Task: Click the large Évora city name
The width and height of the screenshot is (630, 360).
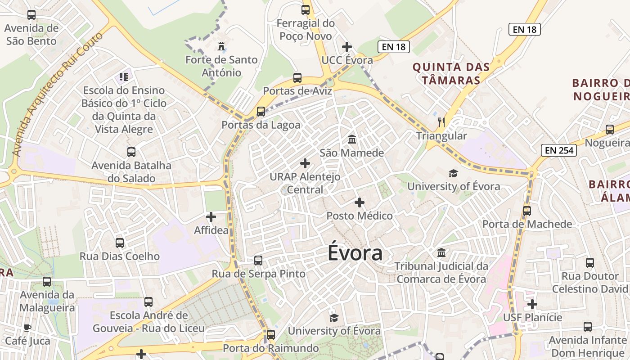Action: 355,253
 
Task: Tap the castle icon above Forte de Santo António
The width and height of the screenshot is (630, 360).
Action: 221,46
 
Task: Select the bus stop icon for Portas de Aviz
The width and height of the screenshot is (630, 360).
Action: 297,77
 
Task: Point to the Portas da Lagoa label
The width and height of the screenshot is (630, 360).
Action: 261,125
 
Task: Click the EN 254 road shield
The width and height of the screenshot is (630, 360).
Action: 559,150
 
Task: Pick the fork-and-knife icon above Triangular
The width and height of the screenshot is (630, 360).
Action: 441,122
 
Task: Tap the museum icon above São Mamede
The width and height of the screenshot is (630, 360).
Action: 352,139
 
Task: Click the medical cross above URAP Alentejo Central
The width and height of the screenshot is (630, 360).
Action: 305,163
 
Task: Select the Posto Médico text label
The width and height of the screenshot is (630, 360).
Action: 360,216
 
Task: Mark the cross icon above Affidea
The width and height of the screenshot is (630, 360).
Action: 211,217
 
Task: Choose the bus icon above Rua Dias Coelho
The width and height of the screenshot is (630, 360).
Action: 120,243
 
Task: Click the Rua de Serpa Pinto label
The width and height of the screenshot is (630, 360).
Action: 258,274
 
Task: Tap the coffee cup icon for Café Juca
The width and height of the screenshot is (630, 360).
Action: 27,328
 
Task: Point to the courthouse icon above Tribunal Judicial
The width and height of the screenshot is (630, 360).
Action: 441,252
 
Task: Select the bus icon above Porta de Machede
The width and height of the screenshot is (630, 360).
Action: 526,211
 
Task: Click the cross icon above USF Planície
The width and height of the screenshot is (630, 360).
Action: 532,304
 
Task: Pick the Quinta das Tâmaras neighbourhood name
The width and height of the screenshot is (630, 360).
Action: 451,74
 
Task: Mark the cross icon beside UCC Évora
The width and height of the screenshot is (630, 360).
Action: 346,46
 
